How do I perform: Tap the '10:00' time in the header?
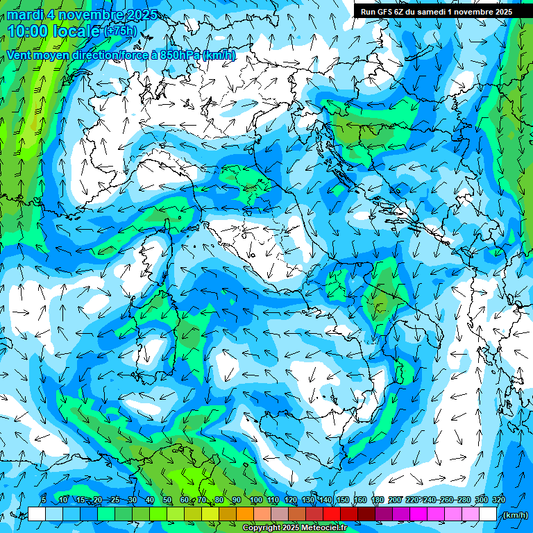pos(27,32)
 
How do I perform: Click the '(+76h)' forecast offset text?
pos(120,31)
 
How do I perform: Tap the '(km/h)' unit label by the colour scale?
pos(514,515)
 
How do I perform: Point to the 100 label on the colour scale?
pos(255,500)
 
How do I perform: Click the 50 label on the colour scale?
pos(167,500)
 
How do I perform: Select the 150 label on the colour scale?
pos(343,500)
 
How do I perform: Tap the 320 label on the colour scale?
pos(498,500)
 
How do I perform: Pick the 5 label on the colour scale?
pos(44,500)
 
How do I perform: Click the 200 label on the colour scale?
pos(394,500)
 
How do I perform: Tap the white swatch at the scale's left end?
pos(37,514)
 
